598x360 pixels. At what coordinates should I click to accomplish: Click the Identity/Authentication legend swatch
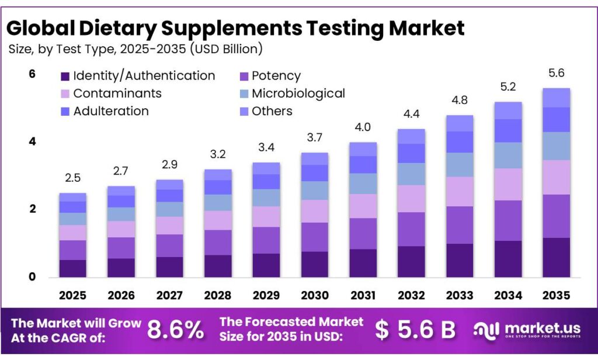tap(65, 76)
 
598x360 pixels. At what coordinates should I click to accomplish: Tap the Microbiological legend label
tap(298, 94)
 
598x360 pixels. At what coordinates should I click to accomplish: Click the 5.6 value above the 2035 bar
tap(556, 74)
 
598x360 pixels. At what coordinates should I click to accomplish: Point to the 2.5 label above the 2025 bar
tap(72, 178)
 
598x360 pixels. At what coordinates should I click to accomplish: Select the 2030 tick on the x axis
tap(314, 295)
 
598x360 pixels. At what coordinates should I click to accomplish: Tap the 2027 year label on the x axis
tap(169, 295)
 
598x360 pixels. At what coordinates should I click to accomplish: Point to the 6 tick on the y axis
tap(33, 74)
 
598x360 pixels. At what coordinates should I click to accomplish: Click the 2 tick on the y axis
tap(33, 209)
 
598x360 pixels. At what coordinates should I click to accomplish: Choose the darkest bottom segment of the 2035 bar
tap(556, 257)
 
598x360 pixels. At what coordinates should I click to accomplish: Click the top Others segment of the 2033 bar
tap(459, 123)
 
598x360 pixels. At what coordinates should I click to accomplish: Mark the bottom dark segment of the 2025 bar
tap(72, 268)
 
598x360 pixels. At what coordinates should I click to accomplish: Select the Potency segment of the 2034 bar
tap(507, 220)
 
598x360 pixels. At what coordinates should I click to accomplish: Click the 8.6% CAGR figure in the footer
tap(175, 330)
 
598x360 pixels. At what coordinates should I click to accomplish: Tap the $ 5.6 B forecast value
tap(415, 330)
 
